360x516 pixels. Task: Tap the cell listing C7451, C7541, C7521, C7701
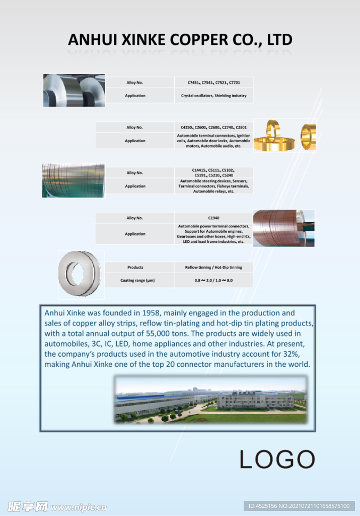[x=213, y=82]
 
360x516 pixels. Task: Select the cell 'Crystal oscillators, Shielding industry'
[x=213, y=95]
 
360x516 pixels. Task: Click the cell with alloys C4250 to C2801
[x=213, y=127]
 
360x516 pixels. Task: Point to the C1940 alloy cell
[x=213, y=218]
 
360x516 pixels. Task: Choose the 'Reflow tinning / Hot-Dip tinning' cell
[x=213, y=267]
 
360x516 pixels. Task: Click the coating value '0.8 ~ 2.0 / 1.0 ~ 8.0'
[x=213, y=280]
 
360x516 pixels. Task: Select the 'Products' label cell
[x=135, y=267]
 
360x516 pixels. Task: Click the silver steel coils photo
[x=74, y=90]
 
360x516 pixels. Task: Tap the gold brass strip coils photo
[x=284, y=135]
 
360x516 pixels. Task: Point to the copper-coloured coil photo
[x=283, y=228]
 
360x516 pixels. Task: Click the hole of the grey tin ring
[x=78, y=273]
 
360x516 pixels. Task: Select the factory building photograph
[x=210, y=399]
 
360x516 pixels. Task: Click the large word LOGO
[x=277, y=459]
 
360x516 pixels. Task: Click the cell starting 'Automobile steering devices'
[x=213, y=186]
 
